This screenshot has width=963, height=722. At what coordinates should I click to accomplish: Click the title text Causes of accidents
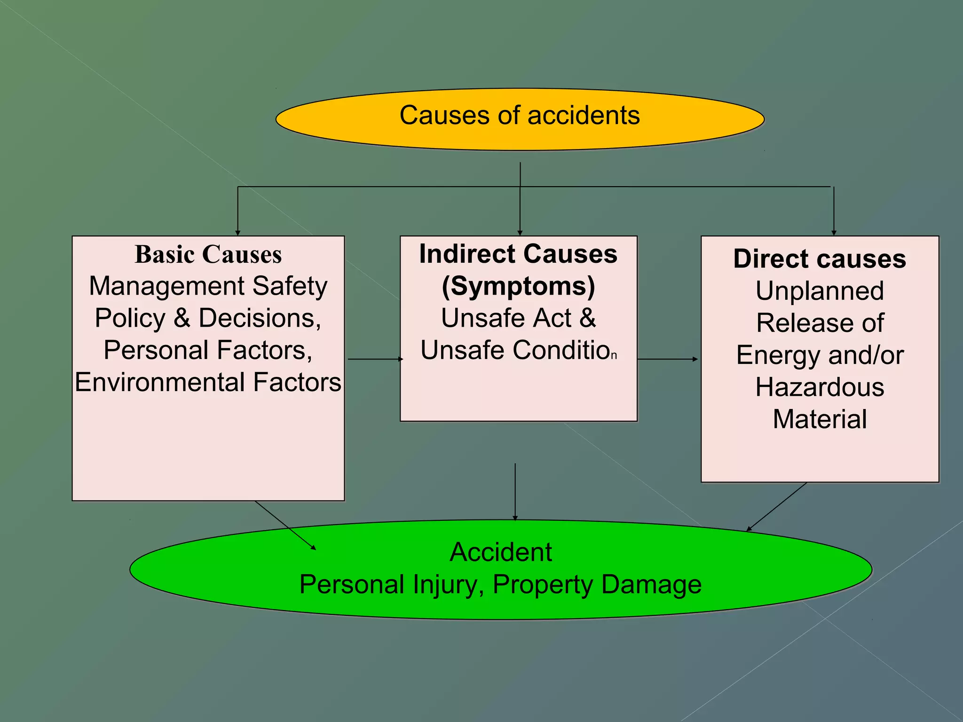pyautogui.click(x=520, y=116)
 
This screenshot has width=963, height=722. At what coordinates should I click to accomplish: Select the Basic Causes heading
pyautogui.click(x=208, y=255)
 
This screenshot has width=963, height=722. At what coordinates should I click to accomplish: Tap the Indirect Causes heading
pyautogui.click(x=518, y=254)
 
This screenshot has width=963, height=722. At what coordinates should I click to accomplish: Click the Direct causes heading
pyautogui.click(x=820, y=259)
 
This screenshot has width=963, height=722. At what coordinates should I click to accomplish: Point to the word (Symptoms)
pyautogui.click(x=518, y=286)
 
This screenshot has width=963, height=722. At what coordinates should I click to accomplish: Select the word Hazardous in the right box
pyautogui.click(x=820, y=388)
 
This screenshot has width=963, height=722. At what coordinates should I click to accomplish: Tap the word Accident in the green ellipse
pyautogui.click(x=501, y=552)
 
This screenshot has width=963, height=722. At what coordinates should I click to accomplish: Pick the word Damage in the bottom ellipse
pyautogui.click(x=651, y=585)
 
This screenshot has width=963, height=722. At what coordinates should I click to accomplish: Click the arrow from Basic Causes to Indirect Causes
pyautogui.click(x=375, y=359)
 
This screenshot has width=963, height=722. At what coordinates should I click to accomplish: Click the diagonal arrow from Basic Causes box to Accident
pyautogui.click(x=285, y=525)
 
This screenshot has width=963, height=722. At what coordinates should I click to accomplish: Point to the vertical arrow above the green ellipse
pyautogui.click(x=515, y=491)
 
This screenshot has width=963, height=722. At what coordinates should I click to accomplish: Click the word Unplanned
pyautogui.click(x=820, y=291)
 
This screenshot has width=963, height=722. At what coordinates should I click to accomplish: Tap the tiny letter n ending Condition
pyautogui.click(x=614, y=356)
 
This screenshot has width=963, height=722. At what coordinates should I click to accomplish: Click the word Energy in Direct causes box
pyautogui.click(x=778, y=355)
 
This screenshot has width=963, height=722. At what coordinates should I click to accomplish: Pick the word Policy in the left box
pyautogui.click(x=130, y=318)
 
